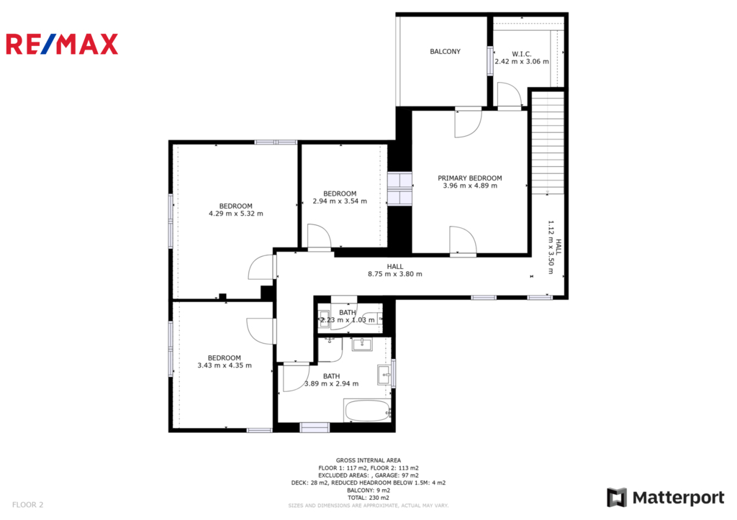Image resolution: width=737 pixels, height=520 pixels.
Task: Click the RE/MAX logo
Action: click(62, 44)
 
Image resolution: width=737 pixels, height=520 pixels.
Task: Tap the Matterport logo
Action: click(666, 498)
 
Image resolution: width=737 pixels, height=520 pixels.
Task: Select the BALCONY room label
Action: click(445, 52)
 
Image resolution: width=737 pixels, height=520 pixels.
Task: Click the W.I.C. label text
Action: click(522, 54)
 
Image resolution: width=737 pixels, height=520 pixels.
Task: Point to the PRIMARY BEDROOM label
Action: click(470, 178)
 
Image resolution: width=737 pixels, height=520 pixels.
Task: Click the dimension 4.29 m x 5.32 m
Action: click(236, 214)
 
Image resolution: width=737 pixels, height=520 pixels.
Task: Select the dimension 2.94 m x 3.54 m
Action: click(340, 201)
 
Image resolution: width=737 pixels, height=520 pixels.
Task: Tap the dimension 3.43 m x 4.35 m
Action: click(225, 365)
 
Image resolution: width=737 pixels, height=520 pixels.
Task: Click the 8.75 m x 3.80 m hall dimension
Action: click(395, 274)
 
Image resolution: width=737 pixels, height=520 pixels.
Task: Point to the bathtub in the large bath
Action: click(368, 411)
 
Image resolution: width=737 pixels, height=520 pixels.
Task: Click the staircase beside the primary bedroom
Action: click(548, 142)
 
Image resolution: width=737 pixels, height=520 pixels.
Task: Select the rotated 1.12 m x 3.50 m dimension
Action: click(551, 247)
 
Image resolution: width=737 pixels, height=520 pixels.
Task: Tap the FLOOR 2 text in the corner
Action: click(28, 505)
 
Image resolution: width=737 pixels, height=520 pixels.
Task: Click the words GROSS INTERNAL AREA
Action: click(368, 460)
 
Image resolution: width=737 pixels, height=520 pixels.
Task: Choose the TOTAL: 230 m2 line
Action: click(368, 498)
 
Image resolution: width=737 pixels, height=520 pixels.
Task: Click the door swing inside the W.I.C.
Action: click(510, 95)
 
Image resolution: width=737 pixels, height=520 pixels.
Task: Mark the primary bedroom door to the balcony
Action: click(468, 123)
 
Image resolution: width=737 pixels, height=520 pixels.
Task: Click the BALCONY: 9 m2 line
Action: click(368, 491)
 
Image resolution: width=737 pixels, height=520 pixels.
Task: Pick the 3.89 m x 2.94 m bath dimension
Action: click(331, 384)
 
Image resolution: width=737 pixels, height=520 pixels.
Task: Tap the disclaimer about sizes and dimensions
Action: click(368, 506)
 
